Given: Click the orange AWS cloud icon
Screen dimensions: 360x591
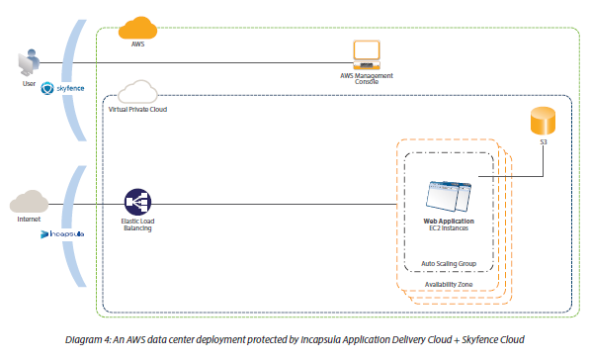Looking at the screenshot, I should point(138,28).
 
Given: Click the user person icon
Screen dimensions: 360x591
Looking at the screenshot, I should point(27,63).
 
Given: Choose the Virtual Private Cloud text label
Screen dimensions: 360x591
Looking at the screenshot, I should point(136,110).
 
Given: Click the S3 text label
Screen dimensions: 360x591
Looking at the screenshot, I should point(543,142).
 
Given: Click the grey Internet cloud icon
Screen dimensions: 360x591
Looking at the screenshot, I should point(30,203).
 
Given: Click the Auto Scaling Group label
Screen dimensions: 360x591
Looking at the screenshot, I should point(449,264).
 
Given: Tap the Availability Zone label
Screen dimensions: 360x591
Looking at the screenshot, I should point(449,283).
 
